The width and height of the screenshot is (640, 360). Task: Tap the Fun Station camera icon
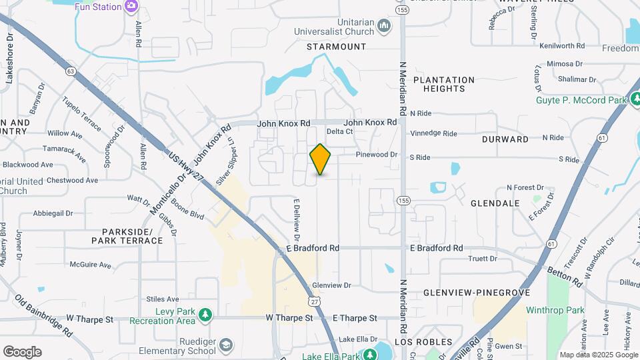tap(131, 7)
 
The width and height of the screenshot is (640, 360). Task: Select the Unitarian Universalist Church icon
tap(384, 26)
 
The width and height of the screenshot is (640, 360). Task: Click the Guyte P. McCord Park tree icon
tap(635, 100)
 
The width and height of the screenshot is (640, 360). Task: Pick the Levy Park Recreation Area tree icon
tap(206, 314)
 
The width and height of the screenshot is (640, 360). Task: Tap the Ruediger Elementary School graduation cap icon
tap(226, 345)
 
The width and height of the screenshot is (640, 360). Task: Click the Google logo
tap(22, 352)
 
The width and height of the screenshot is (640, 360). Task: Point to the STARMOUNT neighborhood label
tap(336, 47)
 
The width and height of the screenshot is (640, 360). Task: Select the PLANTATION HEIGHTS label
tap(443, 84)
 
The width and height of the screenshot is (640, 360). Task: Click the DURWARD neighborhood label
tap(505, 139)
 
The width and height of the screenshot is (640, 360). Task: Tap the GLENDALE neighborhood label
tap(495, 203)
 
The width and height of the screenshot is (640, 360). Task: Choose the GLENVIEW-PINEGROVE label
tap(476, 293)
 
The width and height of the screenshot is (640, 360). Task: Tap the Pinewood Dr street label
tap(376, 155)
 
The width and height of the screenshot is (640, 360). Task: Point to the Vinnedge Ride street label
tap(433, 133)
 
